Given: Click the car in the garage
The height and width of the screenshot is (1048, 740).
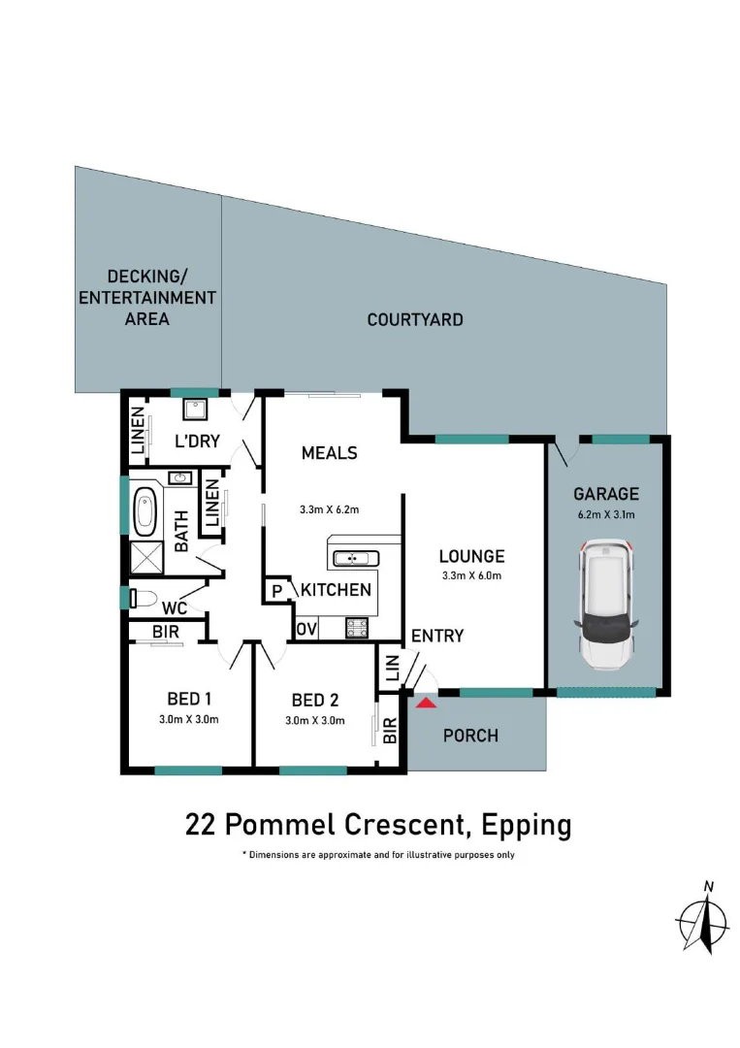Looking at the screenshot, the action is coord(606,605).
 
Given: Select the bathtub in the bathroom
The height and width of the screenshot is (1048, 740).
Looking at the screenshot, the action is coord(145,512).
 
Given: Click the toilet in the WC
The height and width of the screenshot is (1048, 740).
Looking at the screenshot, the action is coord(142,598).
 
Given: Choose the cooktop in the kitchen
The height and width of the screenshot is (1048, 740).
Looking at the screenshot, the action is coord(356,628).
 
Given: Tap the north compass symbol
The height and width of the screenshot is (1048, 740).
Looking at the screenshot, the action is coord(702,918).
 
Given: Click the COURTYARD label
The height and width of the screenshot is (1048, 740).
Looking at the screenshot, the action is coord(415,319).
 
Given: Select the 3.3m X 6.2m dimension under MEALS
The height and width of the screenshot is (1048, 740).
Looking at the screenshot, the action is coord(329,509).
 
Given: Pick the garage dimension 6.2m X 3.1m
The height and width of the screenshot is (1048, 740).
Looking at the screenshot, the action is coord(606,514).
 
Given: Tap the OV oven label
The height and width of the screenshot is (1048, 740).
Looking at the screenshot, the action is coord(306,629).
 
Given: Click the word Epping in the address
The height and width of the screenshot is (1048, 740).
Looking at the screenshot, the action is coord(526,826).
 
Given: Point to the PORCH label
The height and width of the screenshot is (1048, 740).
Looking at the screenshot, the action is coord(470,736).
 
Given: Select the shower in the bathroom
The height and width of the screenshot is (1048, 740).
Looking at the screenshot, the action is coord(146,557).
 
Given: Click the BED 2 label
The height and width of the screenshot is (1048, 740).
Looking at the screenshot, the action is coord(314,701).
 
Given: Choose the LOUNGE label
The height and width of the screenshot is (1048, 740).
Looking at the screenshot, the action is coord(471,556).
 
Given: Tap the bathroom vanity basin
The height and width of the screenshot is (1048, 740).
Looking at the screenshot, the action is coord(179,477).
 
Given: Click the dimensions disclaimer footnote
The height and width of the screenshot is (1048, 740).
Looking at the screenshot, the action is coord(378,855).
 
